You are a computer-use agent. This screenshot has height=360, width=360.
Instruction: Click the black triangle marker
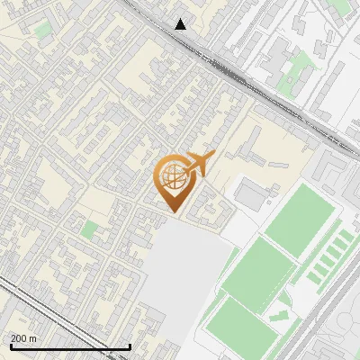tap(181, 24)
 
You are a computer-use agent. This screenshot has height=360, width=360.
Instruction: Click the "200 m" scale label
tap(23, 337)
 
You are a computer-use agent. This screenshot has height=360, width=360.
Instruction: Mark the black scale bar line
tap(70, 346)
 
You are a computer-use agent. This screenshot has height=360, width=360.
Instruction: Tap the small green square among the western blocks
tap(89, 229)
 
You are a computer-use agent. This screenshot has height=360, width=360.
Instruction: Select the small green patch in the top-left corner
tap(42, 31)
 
